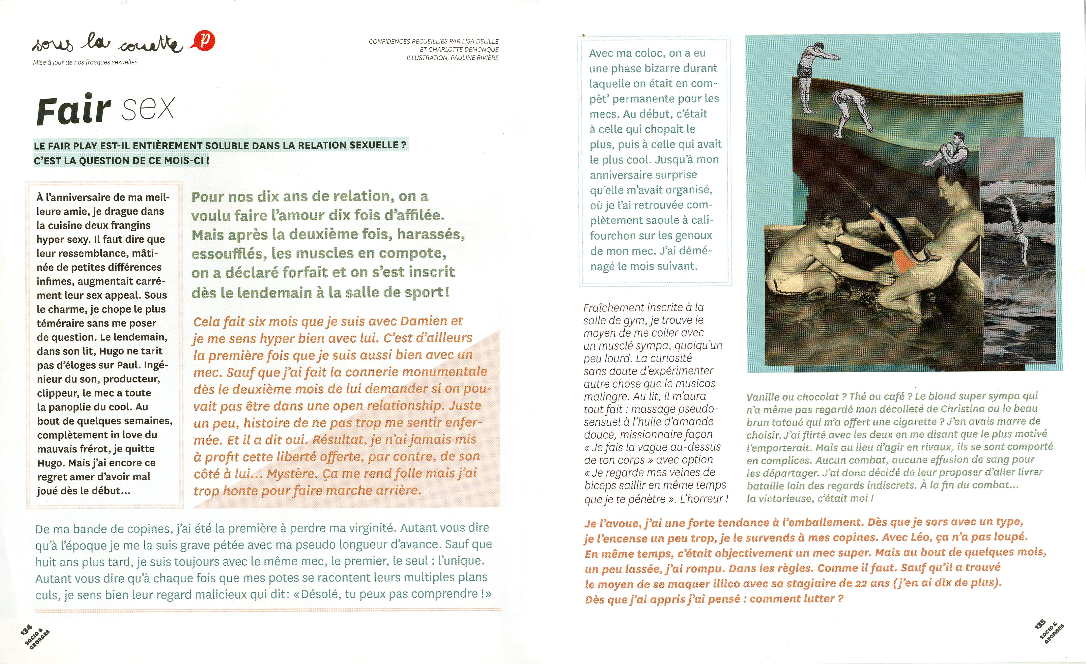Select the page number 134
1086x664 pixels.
pyautogui.click(x=26, y=630)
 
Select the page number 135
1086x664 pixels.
pyautogui.click(x=1040, y=624)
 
